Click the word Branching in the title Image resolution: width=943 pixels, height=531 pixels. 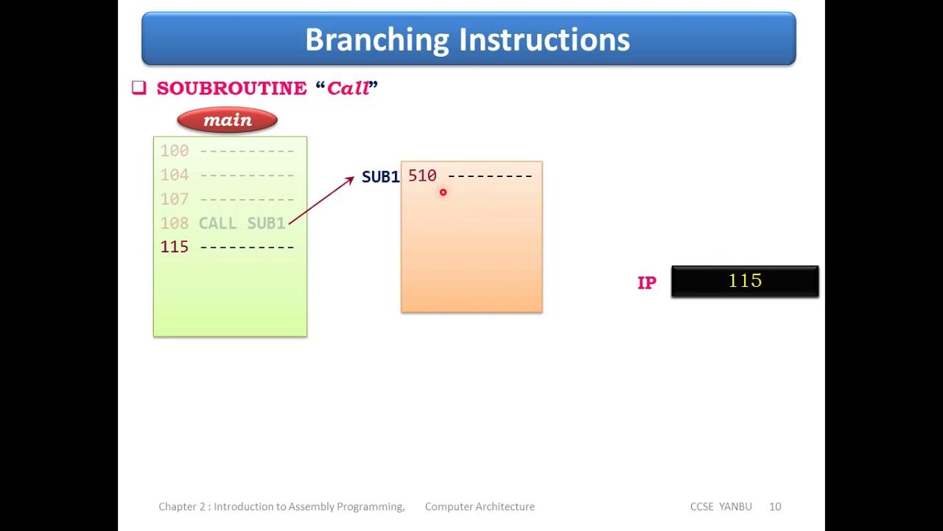(x=377, y=40)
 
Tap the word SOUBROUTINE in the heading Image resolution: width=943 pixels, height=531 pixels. (x=231, y=88)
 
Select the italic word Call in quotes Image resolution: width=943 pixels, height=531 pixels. (x=348, y=88)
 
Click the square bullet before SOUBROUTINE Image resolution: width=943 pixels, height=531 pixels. (x=139, y=88)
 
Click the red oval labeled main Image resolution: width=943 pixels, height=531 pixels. (x=227, y=120)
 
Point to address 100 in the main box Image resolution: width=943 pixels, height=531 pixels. (x=175, y=151)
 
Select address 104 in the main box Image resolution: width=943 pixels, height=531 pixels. (x=175, y=176)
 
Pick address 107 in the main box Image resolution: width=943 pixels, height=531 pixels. (x=175, y=199)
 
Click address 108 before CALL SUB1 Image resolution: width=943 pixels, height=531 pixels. (x=175, y=223)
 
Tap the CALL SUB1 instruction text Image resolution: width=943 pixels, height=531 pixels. (x=242, y=223)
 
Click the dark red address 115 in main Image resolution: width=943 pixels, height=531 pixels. (x=175, y=247)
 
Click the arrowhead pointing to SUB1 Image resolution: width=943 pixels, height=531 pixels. (x=350, y=179)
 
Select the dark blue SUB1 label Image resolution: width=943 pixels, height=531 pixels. (x=380, y=177)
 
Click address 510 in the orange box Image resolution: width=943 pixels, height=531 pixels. (x=422, y=176)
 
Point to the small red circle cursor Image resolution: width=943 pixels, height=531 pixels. (x=443, y=192)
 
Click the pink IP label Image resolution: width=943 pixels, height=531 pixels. (x=646, y=283)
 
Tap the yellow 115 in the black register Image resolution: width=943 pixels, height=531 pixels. (x=745, y=281)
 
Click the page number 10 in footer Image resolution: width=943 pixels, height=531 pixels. (x=775, y=507)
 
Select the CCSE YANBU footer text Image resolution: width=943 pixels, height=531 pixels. (x=721, y=507)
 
